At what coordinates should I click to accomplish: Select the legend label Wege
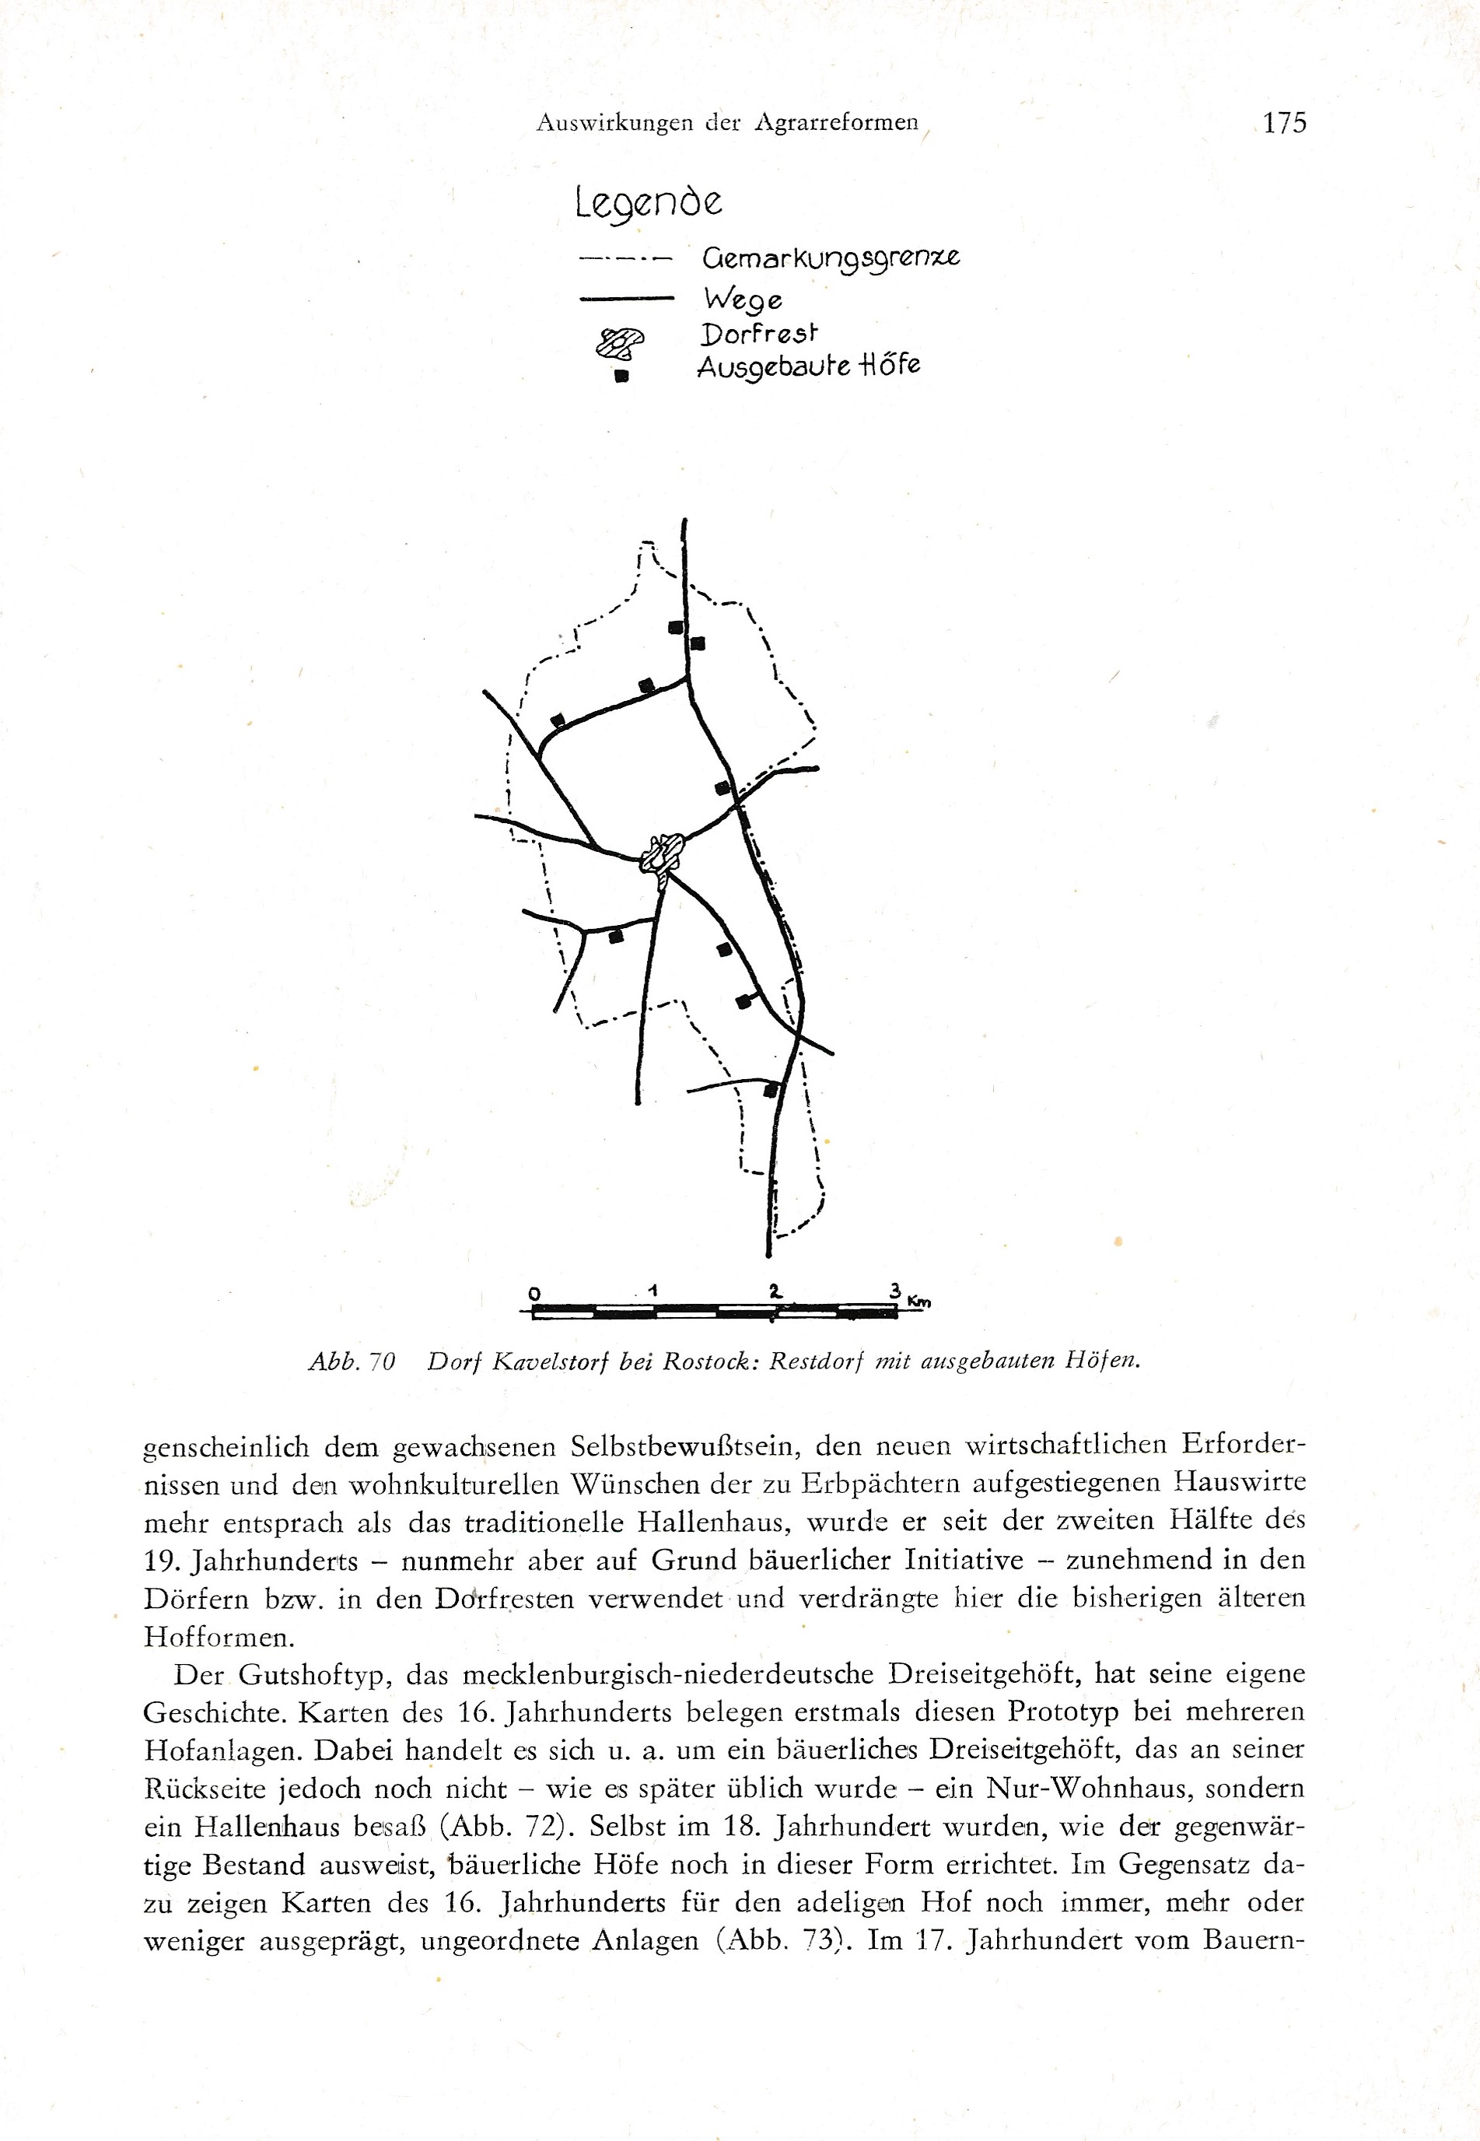743,300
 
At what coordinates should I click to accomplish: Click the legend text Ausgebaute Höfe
808,366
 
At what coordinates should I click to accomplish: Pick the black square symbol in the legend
622,377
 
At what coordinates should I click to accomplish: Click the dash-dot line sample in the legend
624,259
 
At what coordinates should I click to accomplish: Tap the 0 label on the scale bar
534,1293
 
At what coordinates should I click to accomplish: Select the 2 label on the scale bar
775,1291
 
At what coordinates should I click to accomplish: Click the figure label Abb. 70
352,1361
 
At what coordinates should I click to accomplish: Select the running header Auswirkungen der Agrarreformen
727,122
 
